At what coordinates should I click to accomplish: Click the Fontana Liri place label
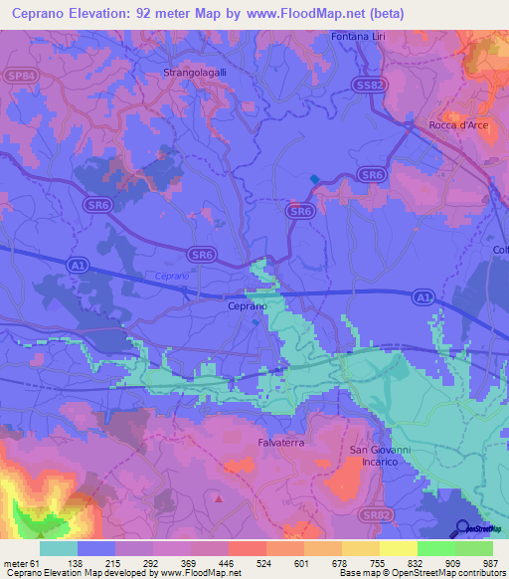pos(363,37)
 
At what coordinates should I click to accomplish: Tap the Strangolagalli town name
pos(196,73)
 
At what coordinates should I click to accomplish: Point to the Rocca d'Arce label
pos(457,124)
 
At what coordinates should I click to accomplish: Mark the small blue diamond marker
pos(315,180)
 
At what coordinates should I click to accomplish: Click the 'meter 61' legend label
pos(19,562)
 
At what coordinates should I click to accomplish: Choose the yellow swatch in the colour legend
pos(398,548)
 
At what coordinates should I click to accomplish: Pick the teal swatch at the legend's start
pos(59,548)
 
